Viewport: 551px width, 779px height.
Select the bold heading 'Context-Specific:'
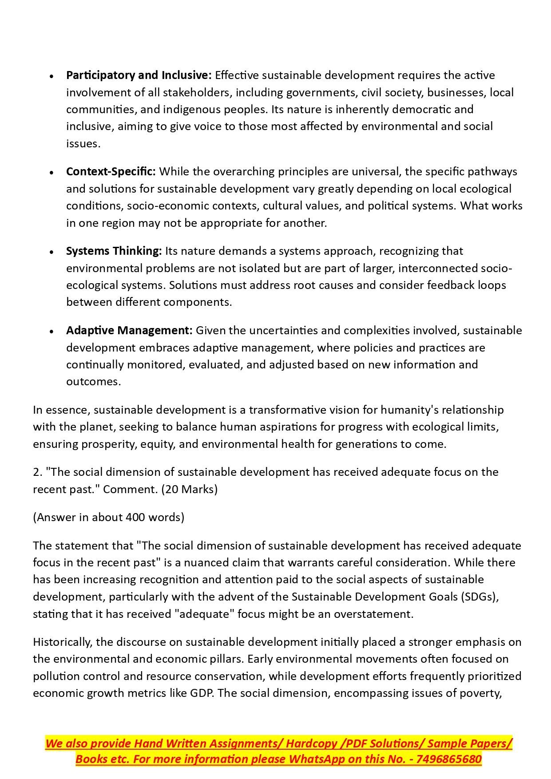(x=111, y=172)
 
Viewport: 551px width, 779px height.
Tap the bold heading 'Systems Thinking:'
(x=114, y=251)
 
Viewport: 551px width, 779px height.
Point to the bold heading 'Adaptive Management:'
(x=129, y=331)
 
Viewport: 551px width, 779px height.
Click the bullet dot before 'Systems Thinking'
(x=52, y=252)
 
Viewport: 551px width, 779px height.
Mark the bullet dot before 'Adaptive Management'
(x=52, y=332)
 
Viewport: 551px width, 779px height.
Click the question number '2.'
(x=37, y=472)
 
